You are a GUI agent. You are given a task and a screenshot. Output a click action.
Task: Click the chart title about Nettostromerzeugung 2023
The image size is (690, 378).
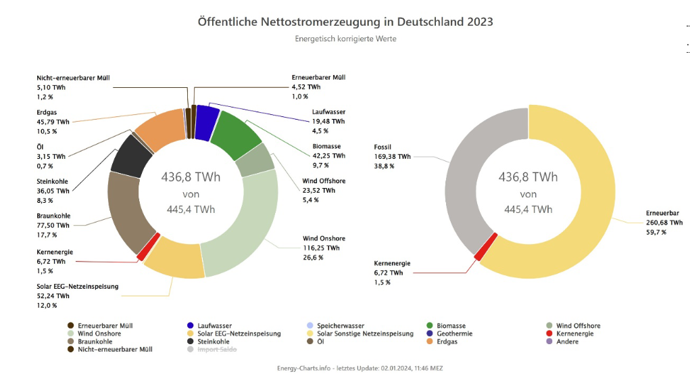pyautogui.click(x=345, y=22)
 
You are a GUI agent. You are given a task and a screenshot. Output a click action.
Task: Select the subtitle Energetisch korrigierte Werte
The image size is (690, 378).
pyautogui.click(x=345, y=39)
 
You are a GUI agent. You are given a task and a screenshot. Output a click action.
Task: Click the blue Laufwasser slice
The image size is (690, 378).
pyautogui.click(x=206, y=119)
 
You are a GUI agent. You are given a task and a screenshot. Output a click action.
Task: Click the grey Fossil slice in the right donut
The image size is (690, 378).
pyautogui.click(x=473, y=169)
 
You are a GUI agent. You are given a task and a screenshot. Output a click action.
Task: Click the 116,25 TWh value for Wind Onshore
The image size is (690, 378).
pyautogui.click(x=319, y=248)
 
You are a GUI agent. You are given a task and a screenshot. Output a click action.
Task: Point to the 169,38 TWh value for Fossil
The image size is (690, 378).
pyautogui.click(x=392, y=156)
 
